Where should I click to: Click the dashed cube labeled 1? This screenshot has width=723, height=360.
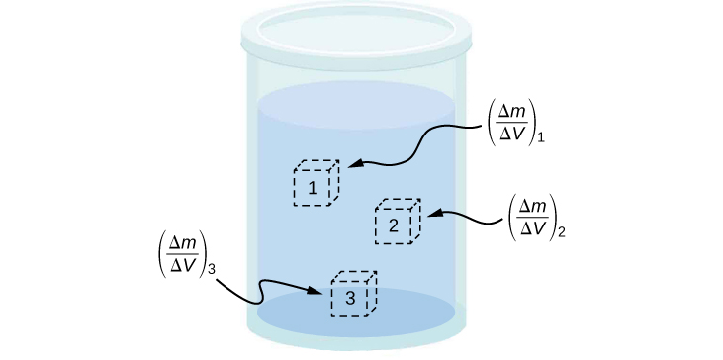pyautogui.click(x=316, y=184)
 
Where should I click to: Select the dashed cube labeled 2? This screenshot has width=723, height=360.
pyautogui.click(x=397, y=223)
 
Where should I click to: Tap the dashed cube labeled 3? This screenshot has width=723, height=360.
pyautogui.click(x=353, y=294)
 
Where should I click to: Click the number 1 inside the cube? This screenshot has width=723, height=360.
pyautogui.click(x=313, y=188)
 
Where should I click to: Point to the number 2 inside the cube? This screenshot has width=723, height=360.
pyautogui.click(x=393, y=226)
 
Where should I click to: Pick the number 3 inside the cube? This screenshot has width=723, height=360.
pyautogui.click(x=349, y=299)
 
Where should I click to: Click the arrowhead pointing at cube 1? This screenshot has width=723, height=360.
pyautogui.click(x=350, y=166)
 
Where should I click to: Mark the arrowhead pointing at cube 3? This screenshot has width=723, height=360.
pyautogui.click(x=318, y=292)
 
